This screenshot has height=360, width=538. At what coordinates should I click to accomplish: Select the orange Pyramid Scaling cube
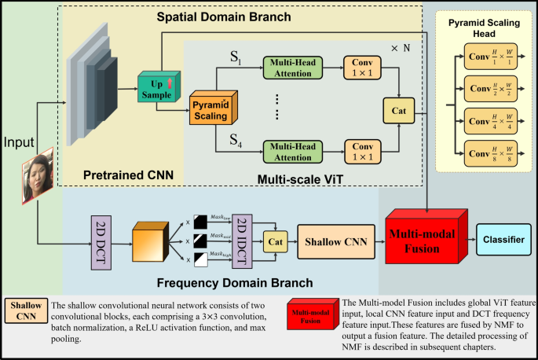(210, 109)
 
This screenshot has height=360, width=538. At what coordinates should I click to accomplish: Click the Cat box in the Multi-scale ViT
(397, 110)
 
